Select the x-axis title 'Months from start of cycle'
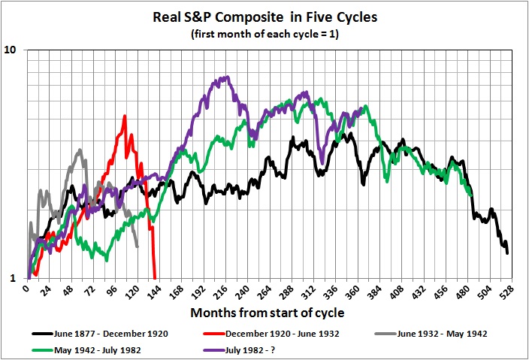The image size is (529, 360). tap(268, 312)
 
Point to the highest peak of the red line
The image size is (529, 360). tap(124, 116)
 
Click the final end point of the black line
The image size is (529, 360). tap(508, 253)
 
